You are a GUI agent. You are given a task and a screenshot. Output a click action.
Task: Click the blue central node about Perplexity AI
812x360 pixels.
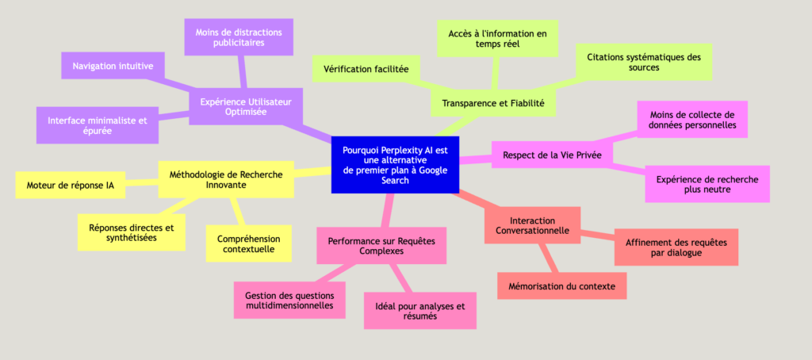(x=394, y=164)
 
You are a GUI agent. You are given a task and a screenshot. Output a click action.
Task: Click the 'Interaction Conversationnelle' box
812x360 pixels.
(x=531, y=224)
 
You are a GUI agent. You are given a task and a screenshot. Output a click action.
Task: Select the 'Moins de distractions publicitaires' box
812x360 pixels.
(x=239, y=37)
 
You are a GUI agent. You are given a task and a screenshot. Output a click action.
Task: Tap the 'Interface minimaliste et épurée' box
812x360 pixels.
(x=98, y=125)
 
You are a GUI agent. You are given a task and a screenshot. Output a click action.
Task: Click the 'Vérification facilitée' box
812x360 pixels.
(x=366, y=69)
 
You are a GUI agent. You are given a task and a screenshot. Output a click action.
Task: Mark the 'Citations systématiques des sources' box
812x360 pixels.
(x=643, y=63)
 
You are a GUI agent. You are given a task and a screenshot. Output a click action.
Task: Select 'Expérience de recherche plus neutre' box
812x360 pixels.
(x=707, y=185)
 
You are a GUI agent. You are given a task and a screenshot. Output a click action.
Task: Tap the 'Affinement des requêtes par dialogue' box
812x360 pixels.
(x=676, y=247)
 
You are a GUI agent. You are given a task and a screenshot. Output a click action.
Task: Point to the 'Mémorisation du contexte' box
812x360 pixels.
(x=562, y=285)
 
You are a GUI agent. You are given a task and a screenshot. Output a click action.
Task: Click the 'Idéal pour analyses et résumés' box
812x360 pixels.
(x=419, y=311)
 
